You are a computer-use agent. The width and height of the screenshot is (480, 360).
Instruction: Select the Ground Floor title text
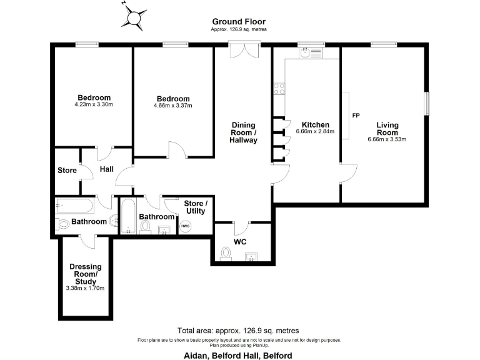(x=239, y=21)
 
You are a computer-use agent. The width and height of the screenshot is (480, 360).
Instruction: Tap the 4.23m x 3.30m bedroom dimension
(x=94, y=105)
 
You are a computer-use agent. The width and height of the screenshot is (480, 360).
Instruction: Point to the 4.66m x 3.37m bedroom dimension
(x=173, y=106)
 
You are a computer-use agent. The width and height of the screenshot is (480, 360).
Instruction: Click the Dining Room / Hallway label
(x=243, y=132)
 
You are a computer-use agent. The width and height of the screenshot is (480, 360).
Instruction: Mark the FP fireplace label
(x=356, y=116)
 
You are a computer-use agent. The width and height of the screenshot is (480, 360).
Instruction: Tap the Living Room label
(x=387, y=129)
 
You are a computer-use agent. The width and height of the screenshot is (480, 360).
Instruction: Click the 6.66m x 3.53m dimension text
(x=387, y=139)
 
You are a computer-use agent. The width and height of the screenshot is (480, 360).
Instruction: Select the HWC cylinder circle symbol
(x=185, y=226)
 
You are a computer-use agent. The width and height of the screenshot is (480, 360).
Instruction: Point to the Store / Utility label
(x=196, y=208)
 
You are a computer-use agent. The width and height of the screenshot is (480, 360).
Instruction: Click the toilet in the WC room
(x=226, y=253)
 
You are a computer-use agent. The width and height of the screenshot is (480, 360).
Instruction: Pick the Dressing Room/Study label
(x=85, y=274)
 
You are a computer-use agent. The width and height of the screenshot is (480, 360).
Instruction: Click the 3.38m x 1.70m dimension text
(x=85, y=288)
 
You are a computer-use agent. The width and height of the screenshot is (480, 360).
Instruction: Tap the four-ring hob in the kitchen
(x=279, y=89)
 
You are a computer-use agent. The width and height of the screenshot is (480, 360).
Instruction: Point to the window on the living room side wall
(x=428, y=104)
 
